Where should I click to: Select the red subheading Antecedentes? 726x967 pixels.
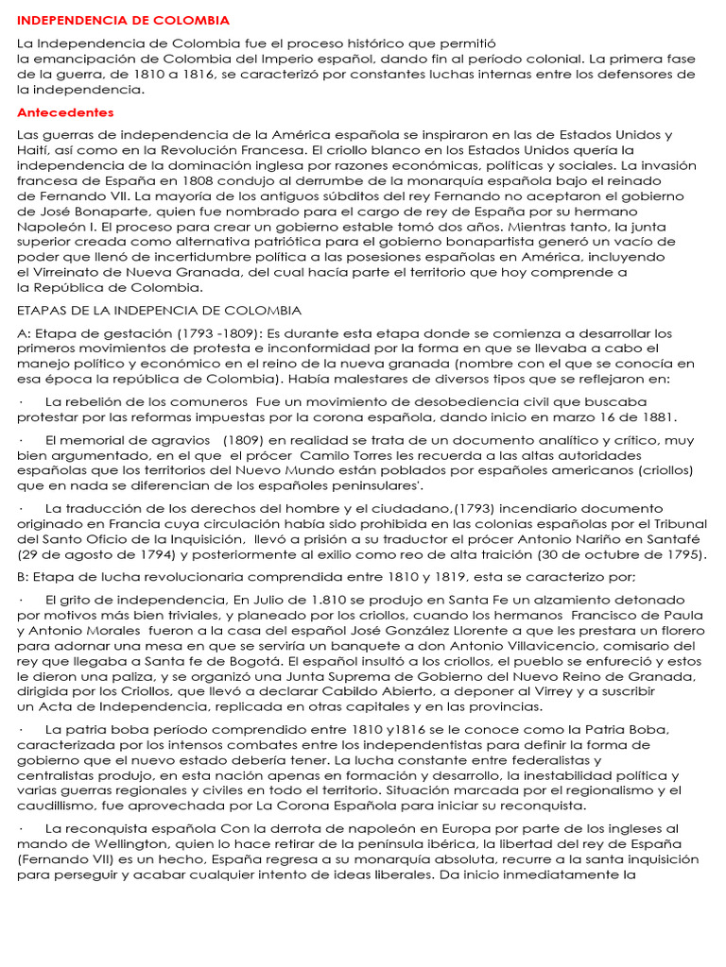click(65, 112)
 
